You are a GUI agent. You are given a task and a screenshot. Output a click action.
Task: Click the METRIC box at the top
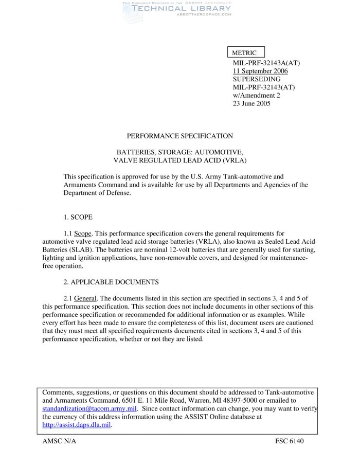[x=245, y=52]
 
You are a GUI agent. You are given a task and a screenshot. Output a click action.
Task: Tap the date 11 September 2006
[x=260, y=71]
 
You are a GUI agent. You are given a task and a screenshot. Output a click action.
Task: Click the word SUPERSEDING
[x=257, y=79]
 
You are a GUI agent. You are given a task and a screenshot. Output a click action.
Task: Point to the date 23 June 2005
[x=251, y=103]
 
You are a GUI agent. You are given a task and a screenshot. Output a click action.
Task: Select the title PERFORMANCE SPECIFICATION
[x=179, y=136]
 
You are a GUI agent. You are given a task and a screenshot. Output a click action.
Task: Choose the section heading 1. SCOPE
[x=78, y=218]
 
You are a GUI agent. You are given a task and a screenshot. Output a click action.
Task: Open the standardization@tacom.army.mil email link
[x=89, y=409]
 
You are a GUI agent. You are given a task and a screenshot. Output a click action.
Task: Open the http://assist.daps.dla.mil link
[x=77, y=425]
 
